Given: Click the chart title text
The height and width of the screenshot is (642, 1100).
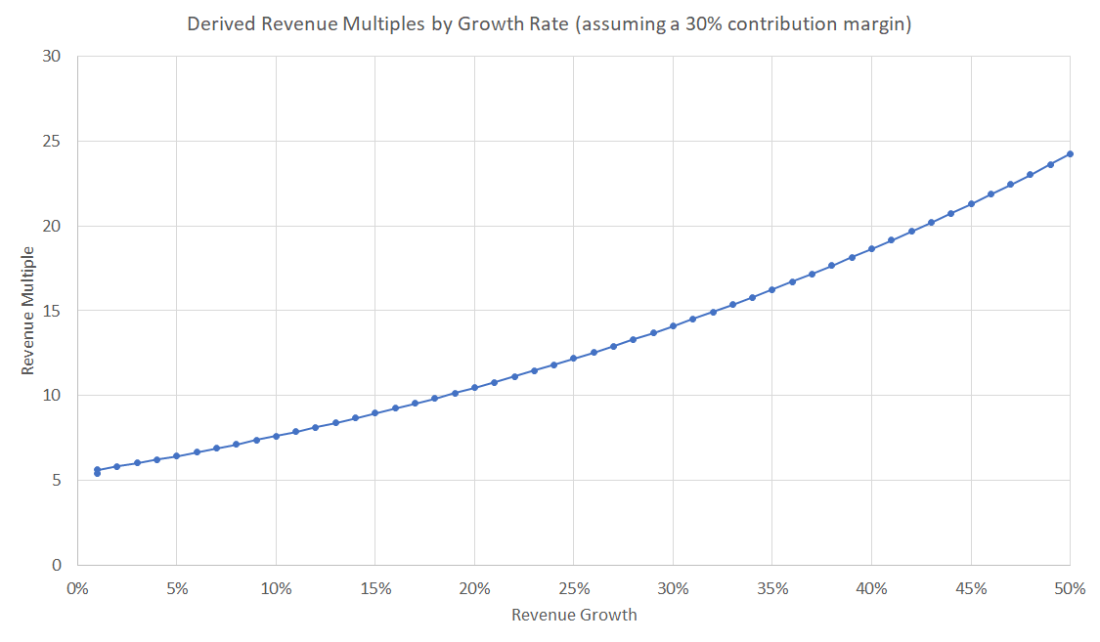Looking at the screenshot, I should point(550,24).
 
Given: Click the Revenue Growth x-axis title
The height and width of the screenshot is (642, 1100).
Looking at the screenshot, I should point(574,615).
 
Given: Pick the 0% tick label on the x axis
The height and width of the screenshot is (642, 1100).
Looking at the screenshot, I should point(77,588).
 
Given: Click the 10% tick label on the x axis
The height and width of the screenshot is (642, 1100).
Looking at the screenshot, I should point(276,588).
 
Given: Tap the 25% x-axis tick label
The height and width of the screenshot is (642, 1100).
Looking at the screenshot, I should point(574,588).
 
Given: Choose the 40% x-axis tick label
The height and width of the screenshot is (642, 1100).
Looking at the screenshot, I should point(871,588).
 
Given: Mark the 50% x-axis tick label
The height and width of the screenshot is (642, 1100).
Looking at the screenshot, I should point(1071,588).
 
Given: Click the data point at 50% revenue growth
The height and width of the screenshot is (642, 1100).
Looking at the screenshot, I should point(1071,153).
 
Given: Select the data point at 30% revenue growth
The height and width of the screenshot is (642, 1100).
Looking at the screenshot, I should point(673,326).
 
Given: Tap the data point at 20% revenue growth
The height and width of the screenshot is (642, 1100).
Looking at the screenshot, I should point(474,388).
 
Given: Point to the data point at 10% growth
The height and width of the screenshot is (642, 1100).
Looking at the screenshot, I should point(276,436).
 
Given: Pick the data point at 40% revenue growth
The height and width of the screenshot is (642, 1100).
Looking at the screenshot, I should point(871,248).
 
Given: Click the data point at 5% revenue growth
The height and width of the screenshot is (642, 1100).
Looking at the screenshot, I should point(176,456).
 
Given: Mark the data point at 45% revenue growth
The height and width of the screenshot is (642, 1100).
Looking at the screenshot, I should point(971,203).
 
